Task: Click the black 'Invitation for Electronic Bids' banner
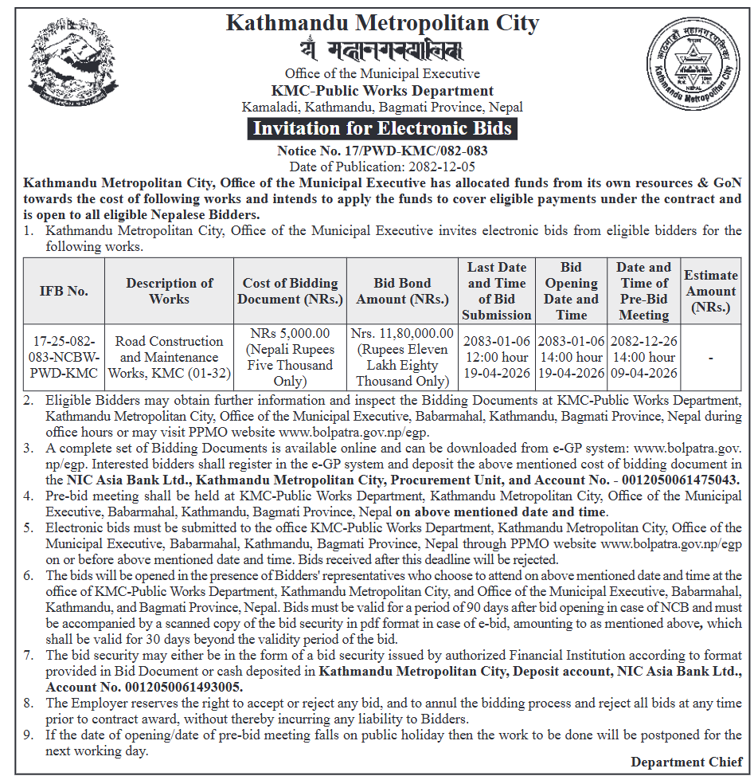382,128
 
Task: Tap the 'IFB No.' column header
64,291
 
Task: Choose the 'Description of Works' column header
170,291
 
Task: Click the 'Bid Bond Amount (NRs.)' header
402,291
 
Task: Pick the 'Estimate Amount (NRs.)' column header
711,291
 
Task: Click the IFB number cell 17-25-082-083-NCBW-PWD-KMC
64,357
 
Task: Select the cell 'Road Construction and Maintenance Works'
170,357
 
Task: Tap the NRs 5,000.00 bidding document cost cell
290,357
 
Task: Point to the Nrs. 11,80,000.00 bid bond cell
402,357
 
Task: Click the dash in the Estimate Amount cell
711,358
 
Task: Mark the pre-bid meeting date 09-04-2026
644,373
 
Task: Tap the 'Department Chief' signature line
686,762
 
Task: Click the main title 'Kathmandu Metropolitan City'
382,22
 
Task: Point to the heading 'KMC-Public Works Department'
382,91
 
